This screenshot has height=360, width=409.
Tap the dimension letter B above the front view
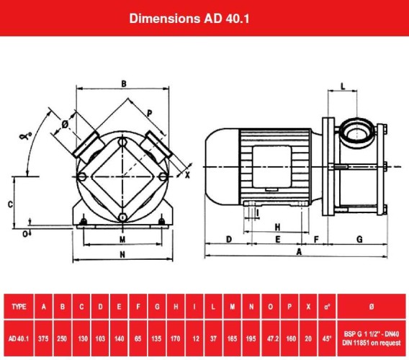pos(124,84)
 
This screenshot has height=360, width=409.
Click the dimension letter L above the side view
pos(343,86)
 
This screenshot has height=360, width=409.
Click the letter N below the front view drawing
pos(122,255)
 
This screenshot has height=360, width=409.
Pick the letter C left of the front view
pos(10,204)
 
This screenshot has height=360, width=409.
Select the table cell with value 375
pos(45,336)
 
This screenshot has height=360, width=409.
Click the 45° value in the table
pos(327,336)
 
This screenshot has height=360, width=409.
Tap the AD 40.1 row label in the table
pos(19,336)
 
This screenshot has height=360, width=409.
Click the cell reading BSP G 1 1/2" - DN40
pos(371,331)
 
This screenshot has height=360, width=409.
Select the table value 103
pos(100,336)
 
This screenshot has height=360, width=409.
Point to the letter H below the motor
pos(277,226)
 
